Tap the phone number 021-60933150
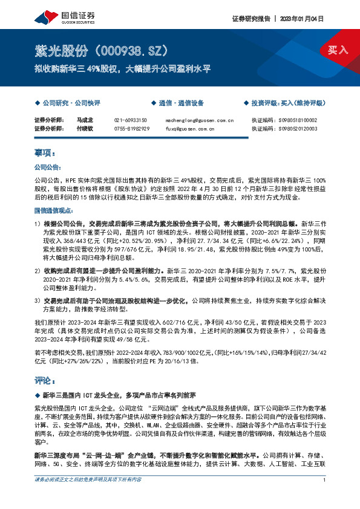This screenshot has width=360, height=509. pyautogui.click(x=131, y=120)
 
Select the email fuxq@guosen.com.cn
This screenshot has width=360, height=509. pyautogui.click(x=189, y=129)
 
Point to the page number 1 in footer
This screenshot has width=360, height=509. pyautogui.click(x=325, y=497)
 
